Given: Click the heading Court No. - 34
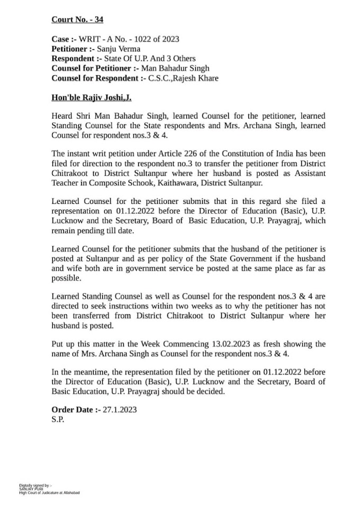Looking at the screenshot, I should pos(77,20).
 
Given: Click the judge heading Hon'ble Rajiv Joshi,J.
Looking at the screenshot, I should pos(91,97).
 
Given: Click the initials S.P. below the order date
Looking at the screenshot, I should pos(58,420).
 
